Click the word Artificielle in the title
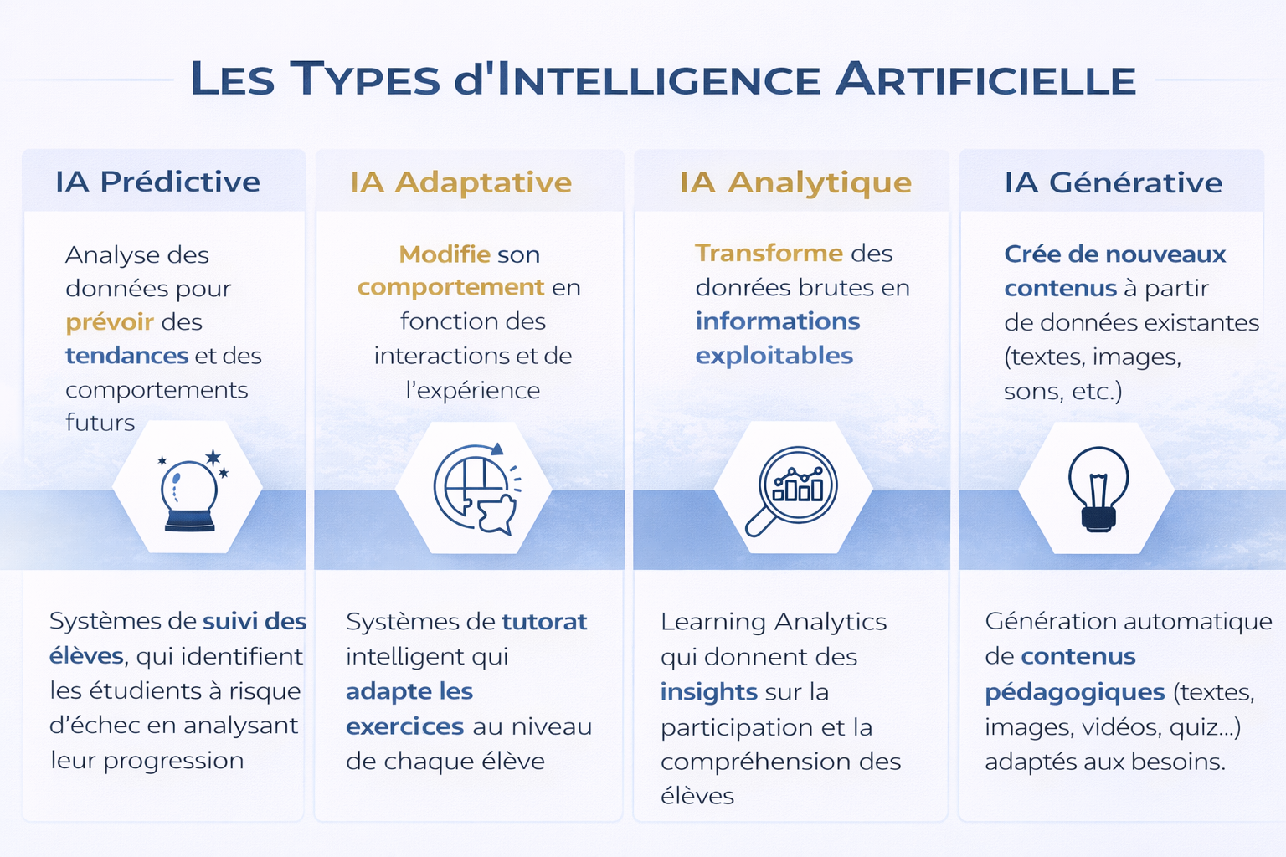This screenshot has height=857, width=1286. pyautogui.click(x=985, y=79)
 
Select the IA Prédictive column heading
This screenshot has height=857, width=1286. pyautogui.click(x=158, y=182)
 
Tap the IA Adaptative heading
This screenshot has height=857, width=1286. pyautogui.click(x=461, y=182)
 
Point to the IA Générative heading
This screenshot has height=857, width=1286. pyautogui.click(x=1114, y=182)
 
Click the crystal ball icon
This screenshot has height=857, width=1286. pyautogui.click(x=191, y=490)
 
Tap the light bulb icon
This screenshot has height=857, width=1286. pyautogui.click(x=1098, y=490)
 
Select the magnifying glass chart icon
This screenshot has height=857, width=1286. pyautogui.click(x=791, y=490)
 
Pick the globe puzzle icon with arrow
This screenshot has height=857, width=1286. pyautogui.click(x=476, y=489)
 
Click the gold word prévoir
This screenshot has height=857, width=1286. pyautogui.click(x=110, y=322)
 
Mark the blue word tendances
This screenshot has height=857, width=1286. pyautogui.click(x=127, y=356)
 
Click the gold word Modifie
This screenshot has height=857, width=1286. pyautogui.click(x=445, y=254)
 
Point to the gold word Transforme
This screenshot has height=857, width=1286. pyautogui.click(x=769, y=253)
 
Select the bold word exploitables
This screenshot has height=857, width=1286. pyautogui.click(x=774, y=356)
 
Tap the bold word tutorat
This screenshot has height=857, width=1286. pyautogui.click(x=544, y=622)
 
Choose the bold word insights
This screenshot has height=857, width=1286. pyautogui.click(x=708, y=692)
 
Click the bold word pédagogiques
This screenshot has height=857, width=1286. pyautogui.click(x=1075, y=692)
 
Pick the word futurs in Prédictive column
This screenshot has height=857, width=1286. pyautogui.click(x=100, y=423)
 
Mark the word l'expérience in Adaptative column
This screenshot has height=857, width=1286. pyautogui.click(x=472, y=390)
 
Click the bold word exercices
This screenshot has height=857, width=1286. pyautogui.click(x=404, y=726)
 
